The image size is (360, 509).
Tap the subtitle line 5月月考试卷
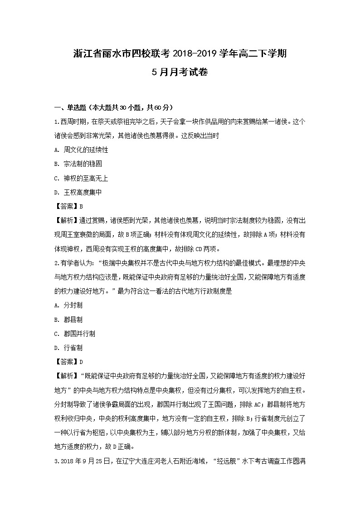pyautogui.click(x=180, y=72)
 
